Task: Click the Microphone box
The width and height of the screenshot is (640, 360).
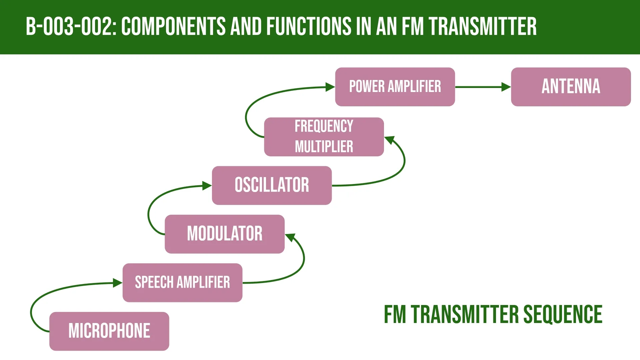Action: click(109, 331)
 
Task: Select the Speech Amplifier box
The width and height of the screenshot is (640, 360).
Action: click(182, 283)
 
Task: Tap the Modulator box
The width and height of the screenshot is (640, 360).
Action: click(225, 234)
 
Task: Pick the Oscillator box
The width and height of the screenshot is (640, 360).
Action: click(272, 185)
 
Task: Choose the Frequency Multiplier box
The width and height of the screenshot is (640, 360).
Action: click(324, 137)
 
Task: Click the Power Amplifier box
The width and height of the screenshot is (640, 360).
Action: click(395, 87)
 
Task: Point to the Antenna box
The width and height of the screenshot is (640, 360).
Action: click(571, 87)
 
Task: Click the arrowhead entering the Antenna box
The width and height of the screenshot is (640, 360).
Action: click(506, 87)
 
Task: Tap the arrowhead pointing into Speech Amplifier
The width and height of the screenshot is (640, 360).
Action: click(118, 283)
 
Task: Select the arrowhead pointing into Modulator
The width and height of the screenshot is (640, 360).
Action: click(290, 237)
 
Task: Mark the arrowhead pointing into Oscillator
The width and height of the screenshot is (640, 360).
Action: click(207, 186)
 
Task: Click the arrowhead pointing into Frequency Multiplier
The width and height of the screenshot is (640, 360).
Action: click(390, 140)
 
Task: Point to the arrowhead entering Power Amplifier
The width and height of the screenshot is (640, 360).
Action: click(330, 87)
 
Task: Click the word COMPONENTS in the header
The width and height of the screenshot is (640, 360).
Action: click(173, 27)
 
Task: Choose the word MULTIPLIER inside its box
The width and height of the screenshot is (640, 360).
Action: click(324, 147)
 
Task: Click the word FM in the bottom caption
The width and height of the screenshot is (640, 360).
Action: click(395, 314)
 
